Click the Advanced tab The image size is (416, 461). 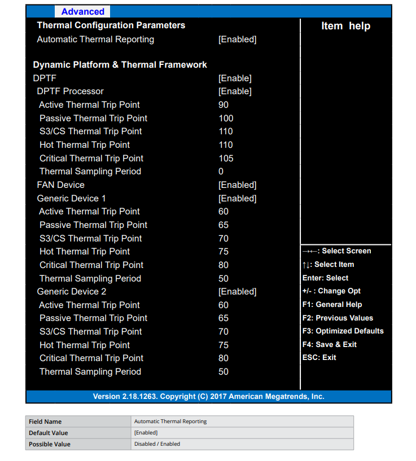(x=82, y=12)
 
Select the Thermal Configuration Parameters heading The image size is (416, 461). (x=111, y=25)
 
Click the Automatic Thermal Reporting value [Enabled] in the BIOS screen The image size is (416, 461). (x=237, y=39)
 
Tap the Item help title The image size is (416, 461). (x=345, y=26)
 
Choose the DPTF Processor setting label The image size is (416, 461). (x=70, y=91)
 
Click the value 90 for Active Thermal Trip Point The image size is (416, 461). (x=224, y=105)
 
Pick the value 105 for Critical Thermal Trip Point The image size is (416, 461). (x=226, y=159)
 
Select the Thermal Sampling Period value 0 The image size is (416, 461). (x=221, y=172)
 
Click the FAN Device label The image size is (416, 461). (x=60, y=185)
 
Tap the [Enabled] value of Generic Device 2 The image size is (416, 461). (x=237, y=292)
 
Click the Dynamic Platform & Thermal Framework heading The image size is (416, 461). (x=120, y=65)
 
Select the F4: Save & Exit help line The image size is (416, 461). (x=330, y=345)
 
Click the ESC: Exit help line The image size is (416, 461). (x=319, y=358)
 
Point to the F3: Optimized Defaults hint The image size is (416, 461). (x=343, y=331)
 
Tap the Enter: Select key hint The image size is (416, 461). (x=325, y=278)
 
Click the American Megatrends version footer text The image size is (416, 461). (x=208, y=397)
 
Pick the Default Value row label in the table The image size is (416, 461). (x=49, y=433)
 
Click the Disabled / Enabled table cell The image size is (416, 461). (x=157, y=444)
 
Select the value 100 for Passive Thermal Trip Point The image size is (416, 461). (x=226, y=118)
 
